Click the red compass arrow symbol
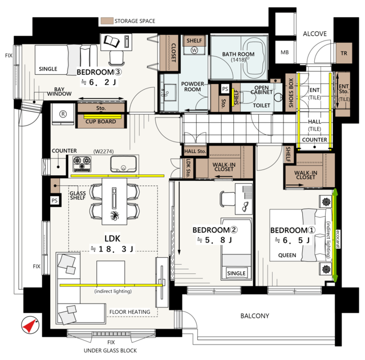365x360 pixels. (x=30, y=325)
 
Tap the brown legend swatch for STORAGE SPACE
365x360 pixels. (x=107, y=21)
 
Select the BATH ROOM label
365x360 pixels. (x=238, y=54)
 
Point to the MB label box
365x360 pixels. (x=285, y=52)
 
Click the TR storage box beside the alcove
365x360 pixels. (x=344, y=53)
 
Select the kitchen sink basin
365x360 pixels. (x=123, y=164)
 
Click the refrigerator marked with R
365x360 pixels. (x=63, y=114)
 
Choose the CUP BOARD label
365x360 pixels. (x=100, y=122)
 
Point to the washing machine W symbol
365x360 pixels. (x=194, y=50)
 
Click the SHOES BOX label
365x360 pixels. (x=291, y=93)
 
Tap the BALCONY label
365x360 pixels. (x=255, y=315)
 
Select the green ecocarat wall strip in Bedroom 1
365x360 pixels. (x=335, y=235)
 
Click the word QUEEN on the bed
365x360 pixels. (x=287, y=255)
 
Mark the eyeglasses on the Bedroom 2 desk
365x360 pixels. (x=245, y=207)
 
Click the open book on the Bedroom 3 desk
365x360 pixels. (x=112, y=42)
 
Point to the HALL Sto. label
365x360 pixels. (x=195, y=151)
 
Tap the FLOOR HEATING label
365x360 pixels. (x=129, y=312)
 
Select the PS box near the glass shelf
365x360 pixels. (x=55, y=200)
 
